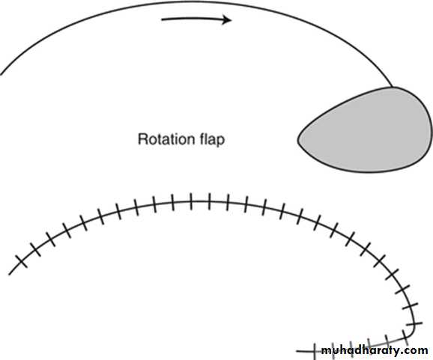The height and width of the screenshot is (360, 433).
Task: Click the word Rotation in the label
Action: tap(167, 139)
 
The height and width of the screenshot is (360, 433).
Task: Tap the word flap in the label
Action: tap(212, 140)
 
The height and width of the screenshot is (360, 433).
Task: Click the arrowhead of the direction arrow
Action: tap(227, 20)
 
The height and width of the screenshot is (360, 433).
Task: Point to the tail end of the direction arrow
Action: tap(162, 19)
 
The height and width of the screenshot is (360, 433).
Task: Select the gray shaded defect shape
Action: tap(365, 129)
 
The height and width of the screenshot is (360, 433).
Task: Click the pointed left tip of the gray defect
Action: tap(298, 140)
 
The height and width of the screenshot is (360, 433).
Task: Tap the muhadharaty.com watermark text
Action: tap(375, 350)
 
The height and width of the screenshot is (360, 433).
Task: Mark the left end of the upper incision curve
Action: tap(1, 75)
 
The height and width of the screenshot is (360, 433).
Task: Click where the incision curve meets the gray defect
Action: tap(392, 87)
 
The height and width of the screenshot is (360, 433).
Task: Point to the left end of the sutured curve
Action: tap(10, 275)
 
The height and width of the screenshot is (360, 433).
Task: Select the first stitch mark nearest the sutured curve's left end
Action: tap(22, 261)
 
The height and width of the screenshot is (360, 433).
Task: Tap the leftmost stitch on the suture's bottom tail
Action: tap(314, 352)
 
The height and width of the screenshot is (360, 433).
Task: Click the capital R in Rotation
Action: tap(142, 139)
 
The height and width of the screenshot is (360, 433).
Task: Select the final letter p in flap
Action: tap(221, 141)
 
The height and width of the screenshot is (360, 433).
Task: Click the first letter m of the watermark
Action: tap(327, 352)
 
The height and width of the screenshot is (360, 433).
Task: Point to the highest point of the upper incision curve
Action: tap(193, 1)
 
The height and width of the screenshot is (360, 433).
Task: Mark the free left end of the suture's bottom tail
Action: tap(297, 352)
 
